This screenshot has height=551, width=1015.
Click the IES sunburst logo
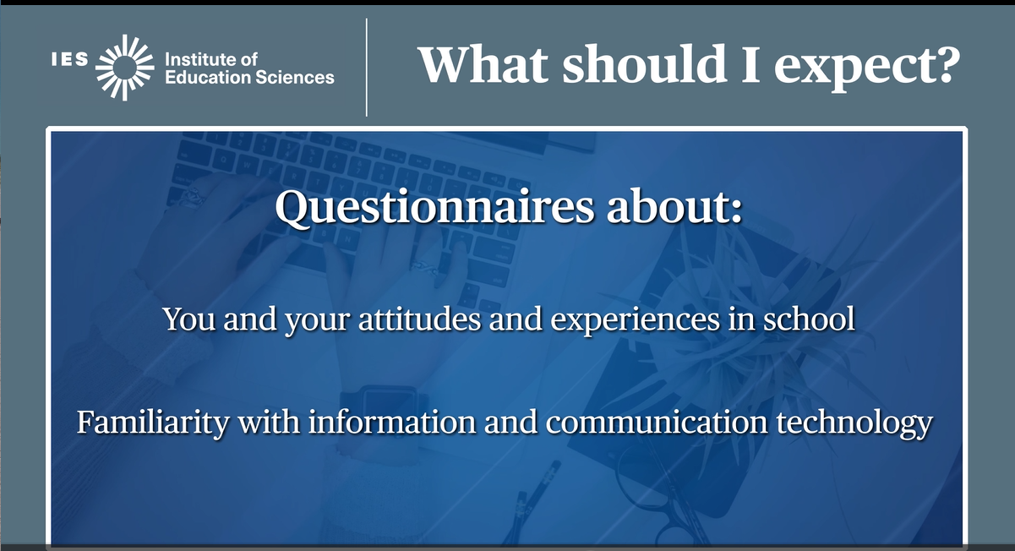tap(124, 68)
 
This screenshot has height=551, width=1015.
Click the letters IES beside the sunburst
tap(70, 59)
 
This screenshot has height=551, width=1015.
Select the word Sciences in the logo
tap(295, 77)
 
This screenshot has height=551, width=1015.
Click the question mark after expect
tap(946, 64)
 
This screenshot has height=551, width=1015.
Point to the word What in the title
tap(483, 64)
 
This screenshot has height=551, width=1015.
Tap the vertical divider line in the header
tap(367, 68)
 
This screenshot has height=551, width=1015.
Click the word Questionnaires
tap(434, 207)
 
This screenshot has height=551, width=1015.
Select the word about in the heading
tap(674, 205)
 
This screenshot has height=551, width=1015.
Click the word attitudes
tap(419, 319)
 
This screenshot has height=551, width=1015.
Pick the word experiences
tap(636, 320)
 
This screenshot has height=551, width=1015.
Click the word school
tap(810, 318)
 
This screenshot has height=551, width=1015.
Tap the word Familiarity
tap(153, 423)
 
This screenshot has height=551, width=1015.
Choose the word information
tap(392, 421)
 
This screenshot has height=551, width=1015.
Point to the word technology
tap(854, 423)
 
